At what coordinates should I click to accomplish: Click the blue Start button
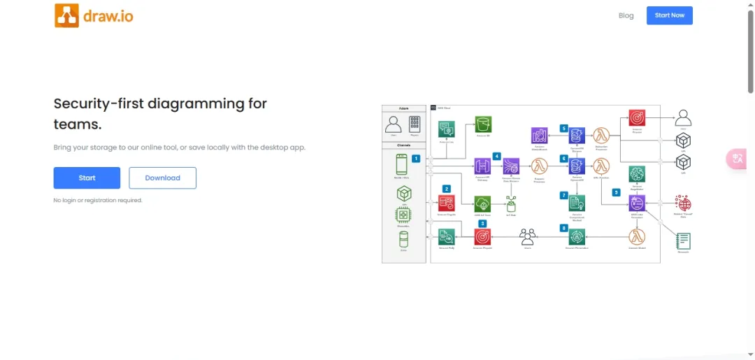click(87, 178)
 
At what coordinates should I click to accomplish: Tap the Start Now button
click(669, 15)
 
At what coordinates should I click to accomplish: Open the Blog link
click(626, 15)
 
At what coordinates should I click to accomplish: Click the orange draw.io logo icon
click(66, 15)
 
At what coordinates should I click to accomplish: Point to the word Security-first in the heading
click(101, 103)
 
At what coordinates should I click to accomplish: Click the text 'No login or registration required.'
click(98, 200)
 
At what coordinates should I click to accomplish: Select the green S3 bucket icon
click(482, 125)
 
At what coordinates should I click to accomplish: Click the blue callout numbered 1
click(416, 159)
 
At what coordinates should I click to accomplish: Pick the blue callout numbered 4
click(497, 156)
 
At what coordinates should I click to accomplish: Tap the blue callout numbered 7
click(563, 195)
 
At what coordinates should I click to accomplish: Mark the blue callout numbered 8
click(563, 228)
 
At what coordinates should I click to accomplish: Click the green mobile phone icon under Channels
click(402, 164)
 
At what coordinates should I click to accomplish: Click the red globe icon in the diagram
click(682, 203)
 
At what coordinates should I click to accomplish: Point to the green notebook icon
click(683, 240)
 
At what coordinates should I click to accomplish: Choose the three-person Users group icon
click(528, 237)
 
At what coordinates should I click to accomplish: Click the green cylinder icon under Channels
click(403, 239)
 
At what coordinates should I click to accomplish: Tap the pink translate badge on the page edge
click(738, 159)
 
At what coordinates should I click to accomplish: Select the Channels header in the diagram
click(403, 145)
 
